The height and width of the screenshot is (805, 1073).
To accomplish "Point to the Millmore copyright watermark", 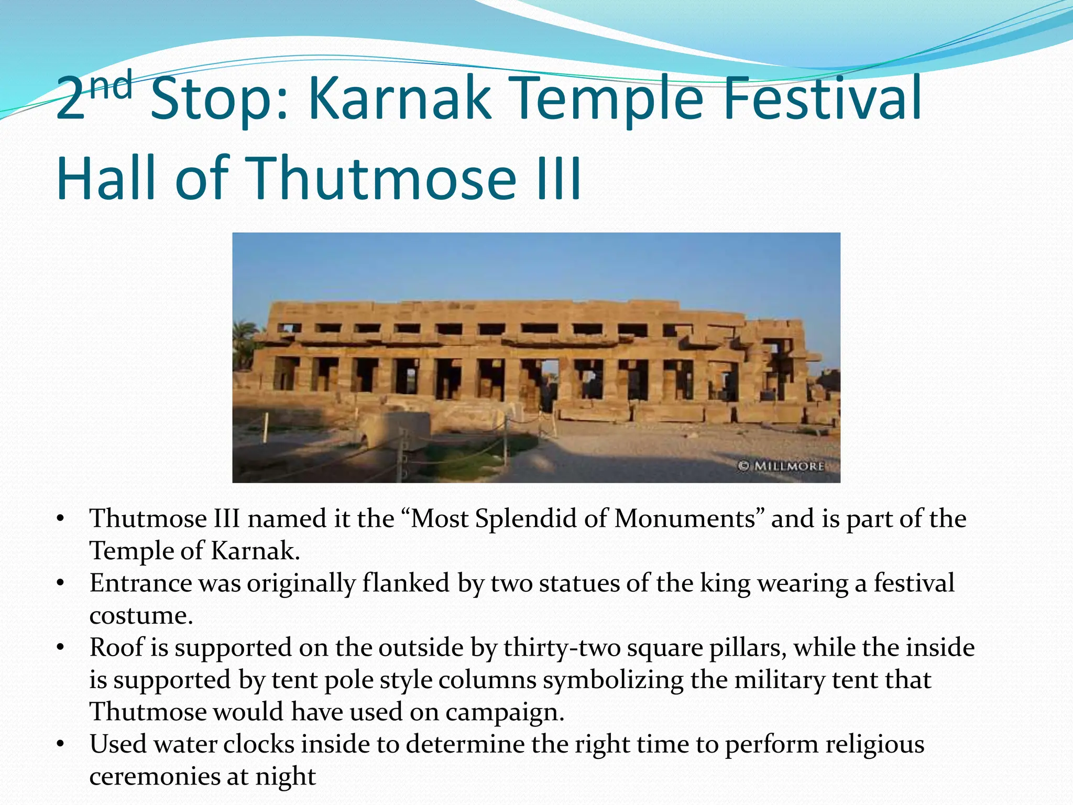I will (x=781, y=465).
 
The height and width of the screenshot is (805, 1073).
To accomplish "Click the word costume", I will (x=140, y=616).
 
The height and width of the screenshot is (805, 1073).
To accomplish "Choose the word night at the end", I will (x=286, y=777).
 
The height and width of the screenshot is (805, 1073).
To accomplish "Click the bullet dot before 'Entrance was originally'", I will (x=61, y=583).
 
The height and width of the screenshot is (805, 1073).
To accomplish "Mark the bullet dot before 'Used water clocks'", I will (x=61, y=744).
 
